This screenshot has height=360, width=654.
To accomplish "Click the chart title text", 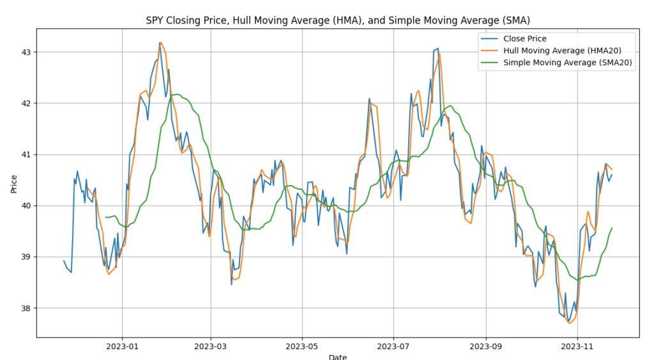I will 338,20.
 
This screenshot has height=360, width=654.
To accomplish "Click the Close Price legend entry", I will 524,39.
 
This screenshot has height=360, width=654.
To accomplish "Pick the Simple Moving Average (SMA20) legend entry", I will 568,63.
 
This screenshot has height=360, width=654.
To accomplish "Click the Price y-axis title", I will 13,184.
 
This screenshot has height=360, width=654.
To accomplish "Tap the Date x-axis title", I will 338,357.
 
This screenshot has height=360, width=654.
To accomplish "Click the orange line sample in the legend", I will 489,50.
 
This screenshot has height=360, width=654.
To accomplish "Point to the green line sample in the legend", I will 489,63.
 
